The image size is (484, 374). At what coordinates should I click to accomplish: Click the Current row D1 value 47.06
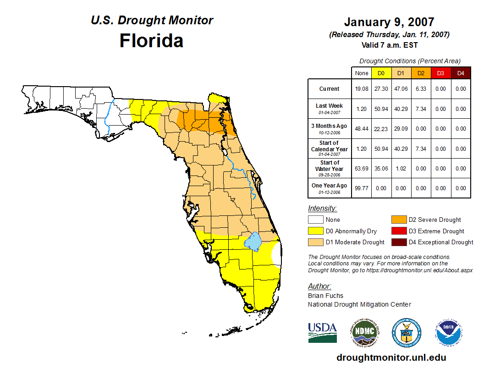click(401, 89)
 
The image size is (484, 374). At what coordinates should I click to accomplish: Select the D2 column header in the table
click(421, 73)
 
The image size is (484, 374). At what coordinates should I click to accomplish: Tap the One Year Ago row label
click(330, 186)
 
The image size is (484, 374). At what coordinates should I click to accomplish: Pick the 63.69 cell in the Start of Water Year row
click(362, 168)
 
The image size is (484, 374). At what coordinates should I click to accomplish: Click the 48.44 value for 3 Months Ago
click(362, 129)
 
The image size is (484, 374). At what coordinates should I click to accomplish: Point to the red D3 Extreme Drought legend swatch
click(398, 231)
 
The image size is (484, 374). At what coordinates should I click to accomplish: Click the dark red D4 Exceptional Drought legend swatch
click(398, 242)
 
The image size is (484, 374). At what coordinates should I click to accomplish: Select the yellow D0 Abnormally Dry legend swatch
click(315, 231)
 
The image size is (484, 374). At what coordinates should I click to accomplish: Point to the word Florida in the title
click(151, 41)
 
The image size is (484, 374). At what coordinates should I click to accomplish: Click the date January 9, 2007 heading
click(389, 22)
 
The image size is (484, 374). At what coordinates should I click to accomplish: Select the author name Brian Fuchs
click(325, 296)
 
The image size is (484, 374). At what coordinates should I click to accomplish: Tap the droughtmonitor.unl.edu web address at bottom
click(391, 357)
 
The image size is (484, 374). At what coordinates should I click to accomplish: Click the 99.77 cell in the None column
click(362, 188)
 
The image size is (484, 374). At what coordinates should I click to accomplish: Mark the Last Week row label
click(330, 106)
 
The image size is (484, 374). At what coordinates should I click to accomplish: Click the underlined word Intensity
click(322, 208)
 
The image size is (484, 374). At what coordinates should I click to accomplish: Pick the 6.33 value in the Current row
click(421, 89)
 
